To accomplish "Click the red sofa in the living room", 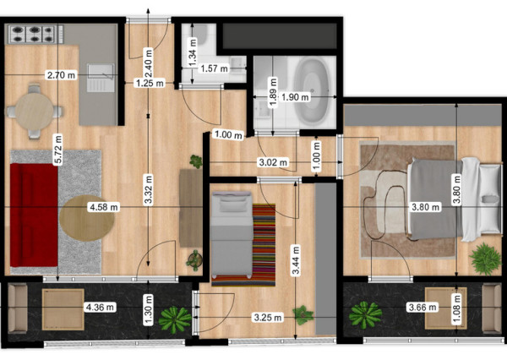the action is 34,215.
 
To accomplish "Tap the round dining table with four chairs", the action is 35,112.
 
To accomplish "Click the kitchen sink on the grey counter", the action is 101,78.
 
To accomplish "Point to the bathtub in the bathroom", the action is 312,91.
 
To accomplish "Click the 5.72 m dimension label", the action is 58,150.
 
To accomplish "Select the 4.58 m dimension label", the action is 104,207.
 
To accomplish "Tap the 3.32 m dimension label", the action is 148,190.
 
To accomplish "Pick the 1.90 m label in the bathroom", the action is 295,96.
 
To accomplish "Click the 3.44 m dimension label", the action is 296,260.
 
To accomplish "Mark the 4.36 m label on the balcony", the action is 100,307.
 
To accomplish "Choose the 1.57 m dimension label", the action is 214,68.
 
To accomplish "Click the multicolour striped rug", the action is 264,245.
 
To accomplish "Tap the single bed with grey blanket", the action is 232,234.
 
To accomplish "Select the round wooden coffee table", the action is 87,218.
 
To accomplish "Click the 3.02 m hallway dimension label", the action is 273,162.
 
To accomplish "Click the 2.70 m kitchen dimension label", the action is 61,75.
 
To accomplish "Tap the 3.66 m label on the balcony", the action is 422,307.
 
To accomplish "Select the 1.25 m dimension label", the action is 150,83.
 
